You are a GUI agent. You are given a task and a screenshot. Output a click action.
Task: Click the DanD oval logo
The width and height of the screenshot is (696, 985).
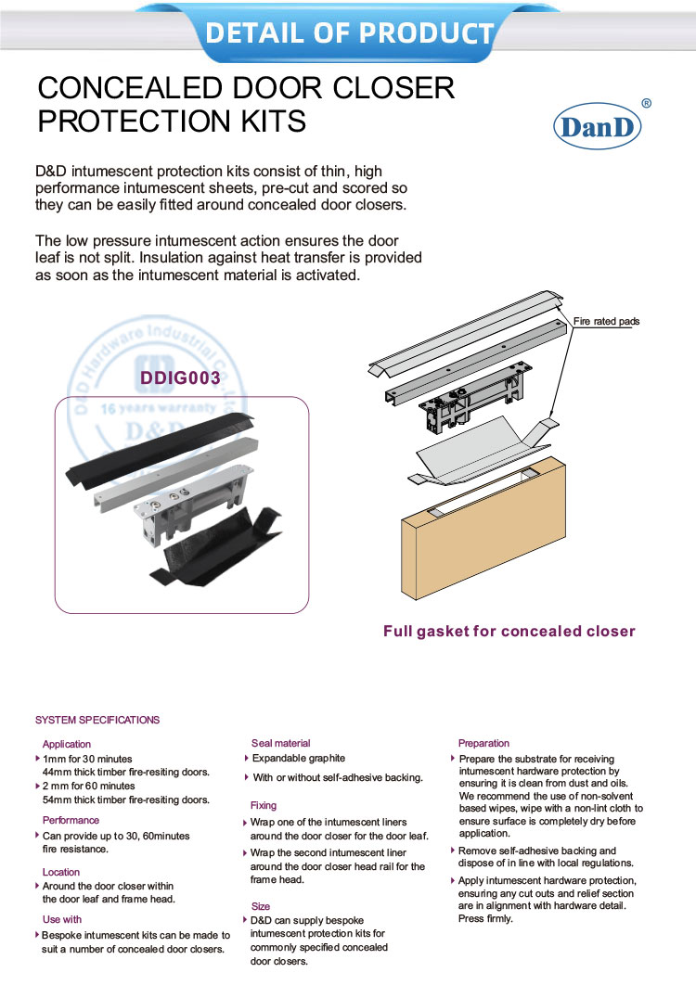(x=599, y=128)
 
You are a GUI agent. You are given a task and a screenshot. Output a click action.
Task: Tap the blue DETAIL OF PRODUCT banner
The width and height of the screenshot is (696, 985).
(x=349, y=32)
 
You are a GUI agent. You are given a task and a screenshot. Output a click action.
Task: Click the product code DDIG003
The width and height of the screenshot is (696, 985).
(x=180, y=377)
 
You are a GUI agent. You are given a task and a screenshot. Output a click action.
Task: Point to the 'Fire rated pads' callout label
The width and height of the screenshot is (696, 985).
(x=606, y=322)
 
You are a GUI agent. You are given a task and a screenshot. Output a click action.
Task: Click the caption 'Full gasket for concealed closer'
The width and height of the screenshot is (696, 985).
(x=509, y=632)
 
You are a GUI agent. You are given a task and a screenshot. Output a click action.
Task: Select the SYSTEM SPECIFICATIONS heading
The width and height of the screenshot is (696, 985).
(x=97, y=720)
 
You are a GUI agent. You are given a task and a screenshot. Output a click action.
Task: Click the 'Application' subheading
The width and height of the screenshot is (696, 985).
(x=67, y=744)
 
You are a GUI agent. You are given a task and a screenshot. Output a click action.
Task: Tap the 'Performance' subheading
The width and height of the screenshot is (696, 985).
(x=71, y=820)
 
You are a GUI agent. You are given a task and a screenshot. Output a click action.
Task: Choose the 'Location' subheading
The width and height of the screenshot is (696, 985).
(x=61, y=872)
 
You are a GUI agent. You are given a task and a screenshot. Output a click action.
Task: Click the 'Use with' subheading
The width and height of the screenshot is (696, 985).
(x=62, y=919)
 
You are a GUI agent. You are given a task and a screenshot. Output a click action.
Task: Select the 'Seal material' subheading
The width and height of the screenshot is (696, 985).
(x=280, y=743)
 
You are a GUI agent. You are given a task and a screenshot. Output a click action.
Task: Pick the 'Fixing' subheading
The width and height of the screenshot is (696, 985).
(x=264, y=805)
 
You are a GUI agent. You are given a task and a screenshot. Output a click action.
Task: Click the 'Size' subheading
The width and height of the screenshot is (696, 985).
(x=261, y=906)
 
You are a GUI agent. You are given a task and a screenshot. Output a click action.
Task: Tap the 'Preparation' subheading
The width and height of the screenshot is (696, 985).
(x=483, y=743)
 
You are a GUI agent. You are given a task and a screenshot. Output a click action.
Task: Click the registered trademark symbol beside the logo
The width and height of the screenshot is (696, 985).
(x=646, y=104)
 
